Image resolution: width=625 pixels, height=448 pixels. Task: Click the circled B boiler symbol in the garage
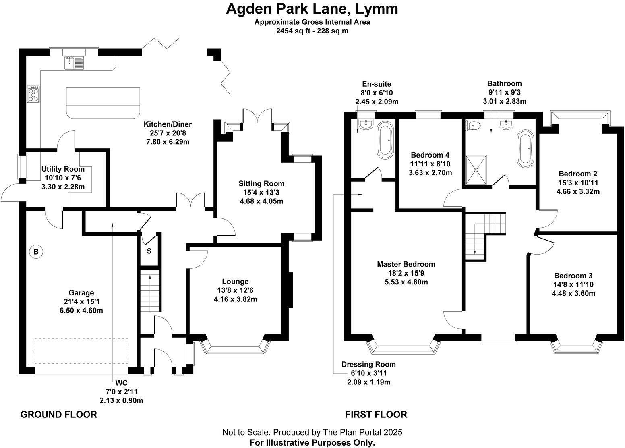(36, 252)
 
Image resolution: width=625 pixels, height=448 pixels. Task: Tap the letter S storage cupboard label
(149, 251)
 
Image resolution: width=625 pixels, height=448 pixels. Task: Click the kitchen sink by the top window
(73, 63)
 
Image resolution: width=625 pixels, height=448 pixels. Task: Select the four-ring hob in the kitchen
(33, 94)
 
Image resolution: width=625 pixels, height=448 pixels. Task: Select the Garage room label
(81, 293)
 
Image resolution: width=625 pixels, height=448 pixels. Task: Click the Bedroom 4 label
(430, 155)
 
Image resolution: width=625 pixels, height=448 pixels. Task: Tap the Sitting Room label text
(261, 184)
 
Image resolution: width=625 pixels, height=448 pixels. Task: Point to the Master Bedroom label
(406, 264)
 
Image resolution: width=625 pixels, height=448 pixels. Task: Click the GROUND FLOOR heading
(59, 414)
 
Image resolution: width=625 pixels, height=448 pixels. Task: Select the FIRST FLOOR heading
(376, 414)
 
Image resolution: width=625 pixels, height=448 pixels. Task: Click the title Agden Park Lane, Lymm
(312, 9)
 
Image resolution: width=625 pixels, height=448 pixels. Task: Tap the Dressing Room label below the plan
(368, 364)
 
